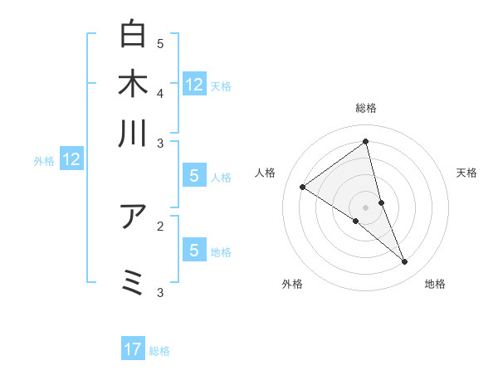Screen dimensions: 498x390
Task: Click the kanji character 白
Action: pyautogui.click(x=133, y=34)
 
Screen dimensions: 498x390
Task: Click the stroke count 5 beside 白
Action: pyautogui.click(x=160, y=43)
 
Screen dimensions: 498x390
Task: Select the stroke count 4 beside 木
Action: pyautogui.click(x=160, y=92)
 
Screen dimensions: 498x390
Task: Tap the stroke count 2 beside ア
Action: pyautogui.click(x=160, y=225)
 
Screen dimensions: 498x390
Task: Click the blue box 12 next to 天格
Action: pyautogui.click(x=194, y=84)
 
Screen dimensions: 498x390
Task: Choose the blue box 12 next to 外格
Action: pyautogui.click(x=71, y=159)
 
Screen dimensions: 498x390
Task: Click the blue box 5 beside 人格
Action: pyautogui.click(x=194, y=175)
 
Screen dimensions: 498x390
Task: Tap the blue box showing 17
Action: pyautogui.click(x=133, y=349)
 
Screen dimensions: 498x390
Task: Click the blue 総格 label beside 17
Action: pyautogui.click(x=159, y=351)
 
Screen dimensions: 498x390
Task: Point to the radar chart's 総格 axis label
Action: pyautogui.click(x=365, y=108)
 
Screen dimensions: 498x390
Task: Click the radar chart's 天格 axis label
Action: pyautogui.click(x=466, y=173)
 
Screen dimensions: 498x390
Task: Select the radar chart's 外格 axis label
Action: pyautogui.click(x=292, y=284)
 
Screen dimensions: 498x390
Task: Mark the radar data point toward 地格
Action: pyautogui.click(x=405, y=262)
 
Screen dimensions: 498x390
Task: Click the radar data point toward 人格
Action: pyautogui.click(x=302, y=187)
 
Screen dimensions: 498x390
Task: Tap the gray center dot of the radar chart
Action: pyautogui.click(x=365, y=207)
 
